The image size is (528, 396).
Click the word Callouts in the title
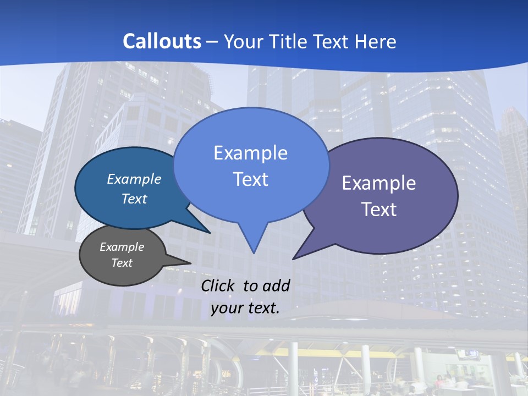[x=162, y=42]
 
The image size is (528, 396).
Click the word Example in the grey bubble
[x=122, y=247]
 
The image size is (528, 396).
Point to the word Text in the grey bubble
[x=122, y=263]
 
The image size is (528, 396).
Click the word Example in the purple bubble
[x=379, y=183]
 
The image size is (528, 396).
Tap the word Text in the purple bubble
[x=379, y=210]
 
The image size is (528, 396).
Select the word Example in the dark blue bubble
[x=134, y=179]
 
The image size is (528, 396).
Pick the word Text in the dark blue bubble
[x=134, y=199]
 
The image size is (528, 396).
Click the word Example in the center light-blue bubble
[x=250, y=153]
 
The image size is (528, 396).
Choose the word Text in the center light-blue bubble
[x=250, y=179]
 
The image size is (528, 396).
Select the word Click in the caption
[x=219, y=285]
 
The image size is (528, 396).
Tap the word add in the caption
[x=276, y=285]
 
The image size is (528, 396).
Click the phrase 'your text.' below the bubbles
[x=245, y=308]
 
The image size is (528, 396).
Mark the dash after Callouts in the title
[x=213, y=42]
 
